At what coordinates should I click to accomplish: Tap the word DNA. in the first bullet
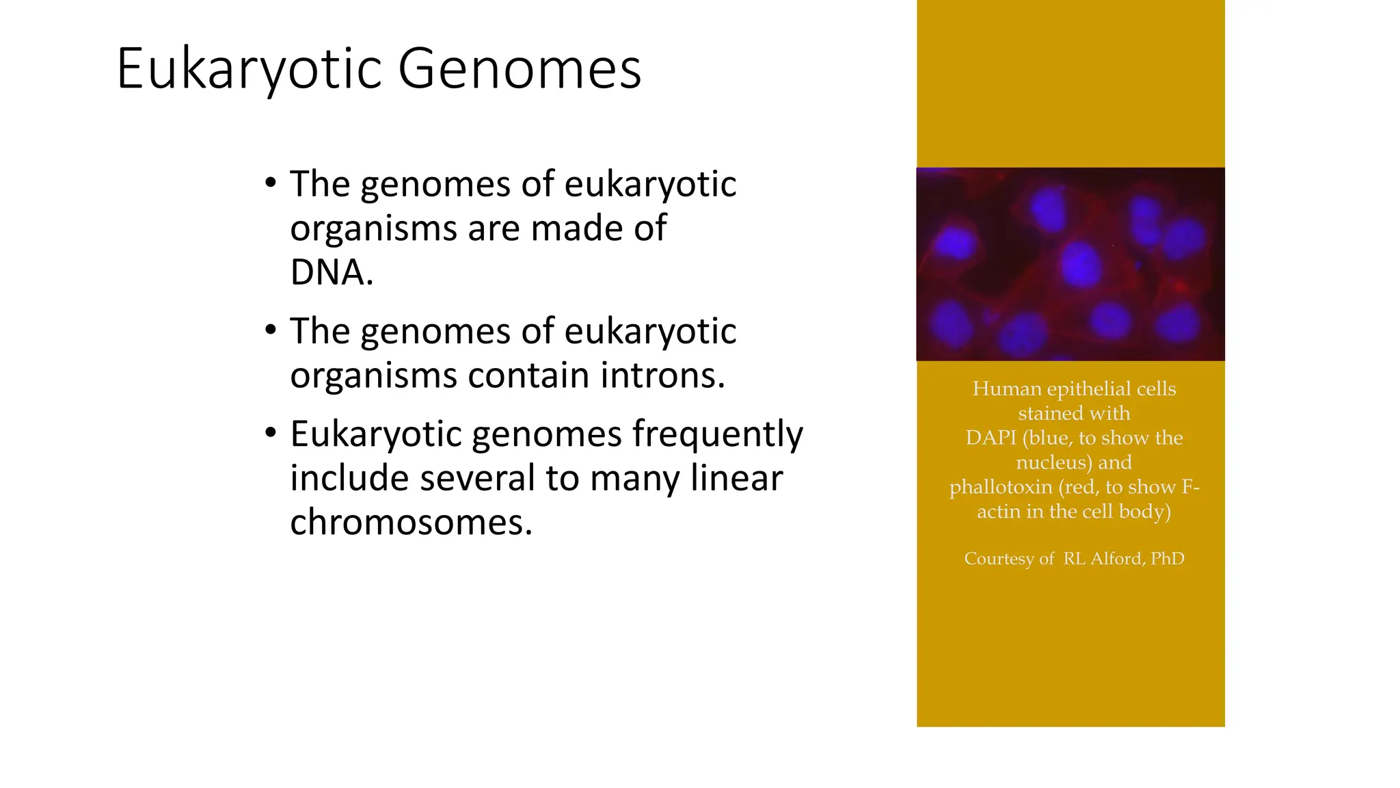(x=332, y=272)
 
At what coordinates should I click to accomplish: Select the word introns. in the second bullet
(x=662, y=376)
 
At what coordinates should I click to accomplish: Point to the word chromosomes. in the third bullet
(x=411, y=523)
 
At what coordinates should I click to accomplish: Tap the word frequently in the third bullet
(x=717, y=434)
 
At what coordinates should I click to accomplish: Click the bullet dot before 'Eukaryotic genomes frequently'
(x=271, y=433)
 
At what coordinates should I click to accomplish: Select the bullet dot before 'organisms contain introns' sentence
(x=271, y=330)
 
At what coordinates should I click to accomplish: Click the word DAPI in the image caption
(x=991, y=438)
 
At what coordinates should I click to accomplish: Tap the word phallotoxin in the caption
(x=1001, y=487)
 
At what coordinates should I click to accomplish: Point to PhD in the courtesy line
(x=1168, y=559)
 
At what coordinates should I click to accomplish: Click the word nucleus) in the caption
(x=1054, y=462)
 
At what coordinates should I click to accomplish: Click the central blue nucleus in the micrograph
(x=1080, y=264)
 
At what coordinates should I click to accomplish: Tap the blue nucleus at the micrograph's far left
(x=954, y=242)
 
